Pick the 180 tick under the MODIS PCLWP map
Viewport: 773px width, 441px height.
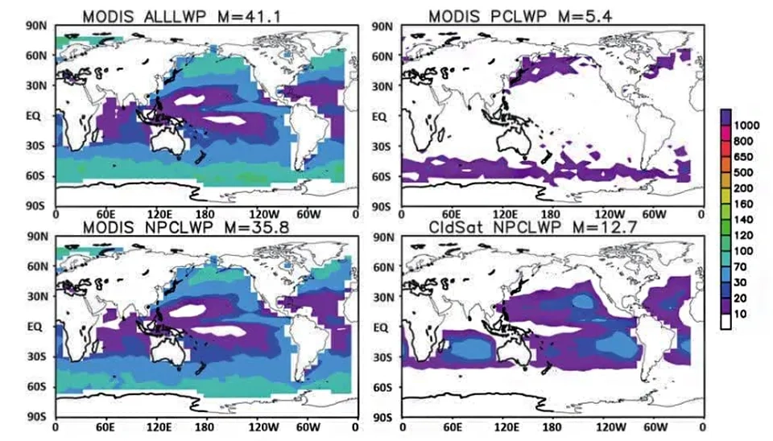[551, 215]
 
